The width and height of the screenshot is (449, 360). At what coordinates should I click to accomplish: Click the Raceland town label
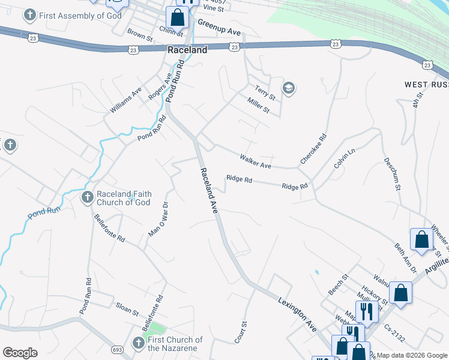pos(187,50)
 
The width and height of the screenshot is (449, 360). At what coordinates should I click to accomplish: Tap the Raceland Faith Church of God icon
pos(87,197)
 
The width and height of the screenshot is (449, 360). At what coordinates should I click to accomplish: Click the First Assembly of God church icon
pos(29,16)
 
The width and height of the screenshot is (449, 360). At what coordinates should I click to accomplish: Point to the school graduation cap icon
pos(289,89)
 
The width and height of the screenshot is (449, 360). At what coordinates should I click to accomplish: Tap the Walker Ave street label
pos(255,161)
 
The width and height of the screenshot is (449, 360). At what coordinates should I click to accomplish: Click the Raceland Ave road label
pos(208,190)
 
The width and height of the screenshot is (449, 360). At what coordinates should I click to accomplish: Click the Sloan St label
pos(127,313)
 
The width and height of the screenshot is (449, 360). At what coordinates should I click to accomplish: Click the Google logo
pos(20,353)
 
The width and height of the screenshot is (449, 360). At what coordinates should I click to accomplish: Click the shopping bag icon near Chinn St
pos(176,18)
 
